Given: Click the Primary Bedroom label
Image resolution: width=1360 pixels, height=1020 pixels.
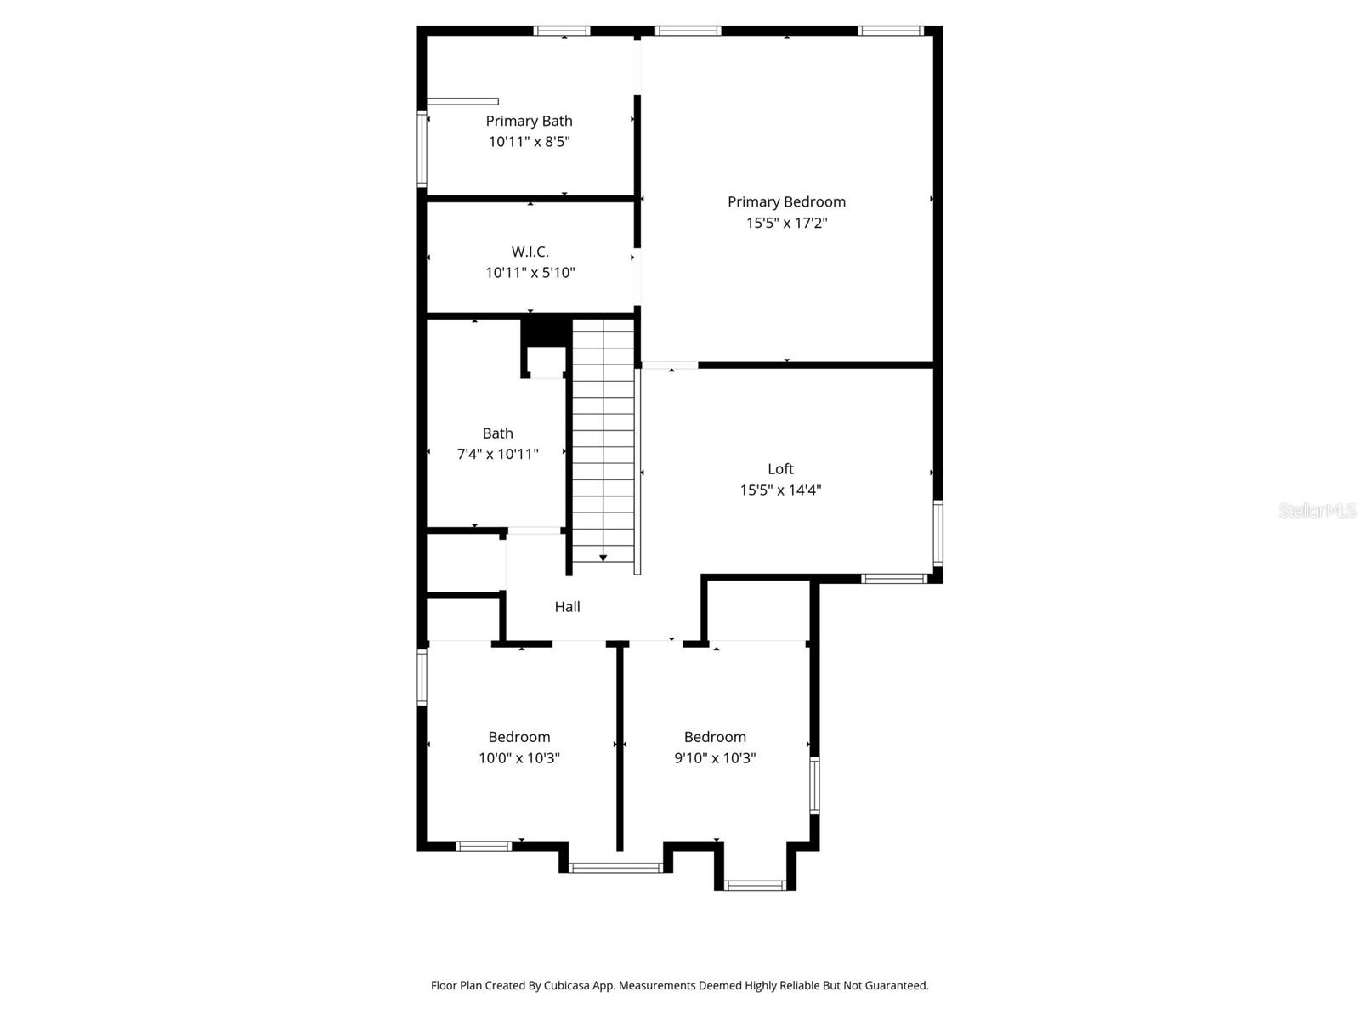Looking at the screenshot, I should pos(786,201).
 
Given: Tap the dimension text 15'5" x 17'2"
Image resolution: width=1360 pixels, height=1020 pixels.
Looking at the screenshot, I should pos(786,223).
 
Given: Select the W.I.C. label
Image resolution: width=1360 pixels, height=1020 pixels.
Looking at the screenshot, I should pos(530,252).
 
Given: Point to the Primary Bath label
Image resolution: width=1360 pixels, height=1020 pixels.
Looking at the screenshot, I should pos(529,121).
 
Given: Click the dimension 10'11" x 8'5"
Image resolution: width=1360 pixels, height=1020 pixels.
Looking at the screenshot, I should pos(529,142).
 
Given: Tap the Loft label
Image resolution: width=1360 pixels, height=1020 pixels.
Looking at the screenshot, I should pos(780,468).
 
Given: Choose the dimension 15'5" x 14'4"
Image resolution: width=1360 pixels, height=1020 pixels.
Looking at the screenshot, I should pos(780,490).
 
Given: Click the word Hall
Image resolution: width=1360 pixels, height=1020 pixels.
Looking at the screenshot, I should pos(567,606).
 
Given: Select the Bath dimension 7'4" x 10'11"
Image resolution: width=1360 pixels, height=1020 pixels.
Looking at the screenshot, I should pos(497,454).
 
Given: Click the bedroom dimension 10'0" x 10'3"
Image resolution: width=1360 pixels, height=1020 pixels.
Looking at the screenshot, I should pos(518,757).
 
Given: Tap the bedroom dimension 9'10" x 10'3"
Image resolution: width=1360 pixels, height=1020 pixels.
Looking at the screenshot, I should pos(715,757).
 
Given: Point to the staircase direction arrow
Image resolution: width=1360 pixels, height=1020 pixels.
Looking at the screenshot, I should pos(603,558).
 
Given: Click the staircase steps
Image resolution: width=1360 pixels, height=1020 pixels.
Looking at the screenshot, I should pos(603,442).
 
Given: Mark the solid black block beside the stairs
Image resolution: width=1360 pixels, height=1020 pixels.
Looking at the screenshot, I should pos(545,330).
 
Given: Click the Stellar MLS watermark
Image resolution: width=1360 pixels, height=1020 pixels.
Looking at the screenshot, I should pos(1317,510).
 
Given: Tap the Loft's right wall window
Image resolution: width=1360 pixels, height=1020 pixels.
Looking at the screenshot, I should pos(938,533).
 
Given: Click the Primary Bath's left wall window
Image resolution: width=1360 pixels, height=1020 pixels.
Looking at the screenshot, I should pos(421,148).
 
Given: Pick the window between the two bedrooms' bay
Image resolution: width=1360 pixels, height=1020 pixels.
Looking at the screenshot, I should pos(615,868).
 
